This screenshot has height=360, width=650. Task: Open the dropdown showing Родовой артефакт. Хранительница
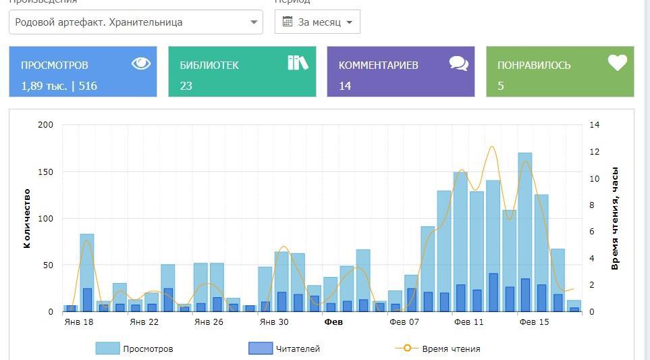pyautogui.click(x=136, y=22)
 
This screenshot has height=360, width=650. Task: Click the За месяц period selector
pyautogui.click(x=317, y=22)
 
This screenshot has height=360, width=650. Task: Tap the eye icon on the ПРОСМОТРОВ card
pyautogui.click(x=141, y=63)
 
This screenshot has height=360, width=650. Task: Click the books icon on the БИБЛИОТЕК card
pyautogui.click(x=298, y=63)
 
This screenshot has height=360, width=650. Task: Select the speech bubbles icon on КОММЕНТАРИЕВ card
pyautogui.click(x=459, y=63)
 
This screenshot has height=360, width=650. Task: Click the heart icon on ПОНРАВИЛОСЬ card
pyautogui.click(x=617, y=63)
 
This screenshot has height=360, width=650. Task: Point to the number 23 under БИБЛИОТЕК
pyautogui.click(x=186, y=86)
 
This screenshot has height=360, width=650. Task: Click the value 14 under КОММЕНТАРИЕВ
pyautogui.click(x=345, y=86)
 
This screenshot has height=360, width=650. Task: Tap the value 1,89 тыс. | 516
pyautogui.click(x=59, y=86)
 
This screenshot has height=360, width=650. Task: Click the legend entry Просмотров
pyautogui.click(x=135, y=349)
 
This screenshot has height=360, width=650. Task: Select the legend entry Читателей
pyautogui.click(x=285, y=349)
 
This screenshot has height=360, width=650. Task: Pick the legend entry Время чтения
pyautogui.click(x=438, y=349)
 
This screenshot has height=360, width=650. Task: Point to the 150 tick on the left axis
pyautogui.click(x=45, y=172)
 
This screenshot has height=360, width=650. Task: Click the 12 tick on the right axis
pyautogui.click(x=594, y=152)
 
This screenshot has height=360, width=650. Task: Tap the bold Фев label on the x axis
pyautogui.click(x=333, y=322)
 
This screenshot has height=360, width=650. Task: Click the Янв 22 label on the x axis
pyautogui.click(x=144, y=322)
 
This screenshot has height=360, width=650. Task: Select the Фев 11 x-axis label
pyautogui.click(x=468, y=322)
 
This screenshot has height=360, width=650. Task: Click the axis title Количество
pyautogui.click(x=27, y=218)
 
